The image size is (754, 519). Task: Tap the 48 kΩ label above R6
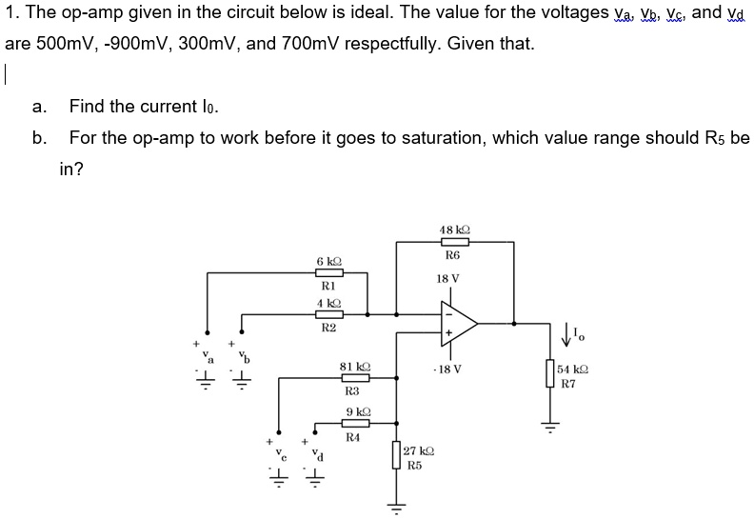click(452, 229)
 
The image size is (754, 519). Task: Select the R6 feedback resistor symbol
click(452, 243)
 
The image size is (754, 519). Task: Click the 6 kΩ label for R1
click(328, 261)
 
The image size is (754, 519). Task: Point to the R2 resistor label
click(328, 327)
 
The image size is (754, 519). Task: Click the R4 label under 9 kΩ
click(353, 437)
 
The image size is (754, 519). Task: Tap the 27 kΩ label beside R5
click(419, 452)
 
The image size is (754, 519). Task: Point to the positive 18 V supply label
click(447, 279)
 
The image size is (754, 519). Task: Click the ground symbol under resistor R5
click(397, 506)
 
